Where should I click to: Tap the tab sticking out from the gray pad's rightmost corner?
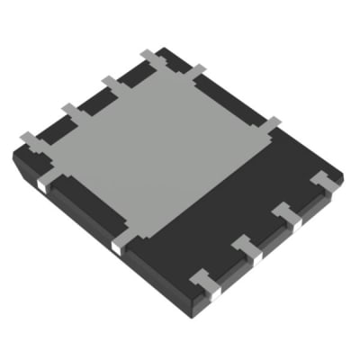pyautogui.click(x=270, y=123)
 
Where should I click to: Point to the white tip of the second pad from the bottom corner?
pyautogui.click(x=256, y=256)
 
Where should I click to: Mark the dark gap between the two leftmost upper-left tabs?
pyautogui.click(x=49, y=124)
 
